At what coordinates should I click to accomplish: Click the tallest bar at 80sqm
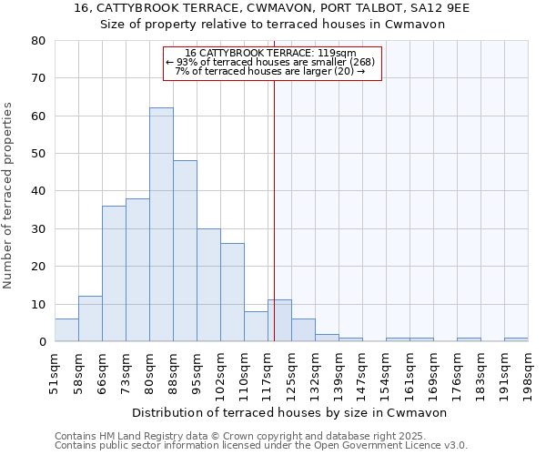[161, 225]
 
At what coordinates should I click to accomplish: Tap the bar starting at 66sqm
[114, 273]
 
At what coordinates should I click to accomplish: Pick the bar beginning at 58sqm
[90, 318]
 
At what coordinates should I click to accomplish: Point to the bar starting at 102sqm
[232, 292]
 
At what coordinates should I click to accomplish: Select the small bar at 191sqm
[516, 339]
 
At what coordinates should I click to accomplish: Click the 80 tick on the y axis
[38, 41]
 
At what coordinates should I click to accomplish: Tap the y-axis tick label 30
[38, 229]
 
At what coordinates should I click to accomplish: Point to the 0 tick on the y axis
[42, 342]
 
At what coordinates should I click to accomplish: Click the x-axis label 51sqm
[55, 369]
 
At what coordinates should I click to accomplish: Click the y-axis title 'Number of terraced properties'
[8, 195]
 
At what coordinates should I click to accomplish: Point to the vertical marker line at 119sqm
[274, 209]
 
